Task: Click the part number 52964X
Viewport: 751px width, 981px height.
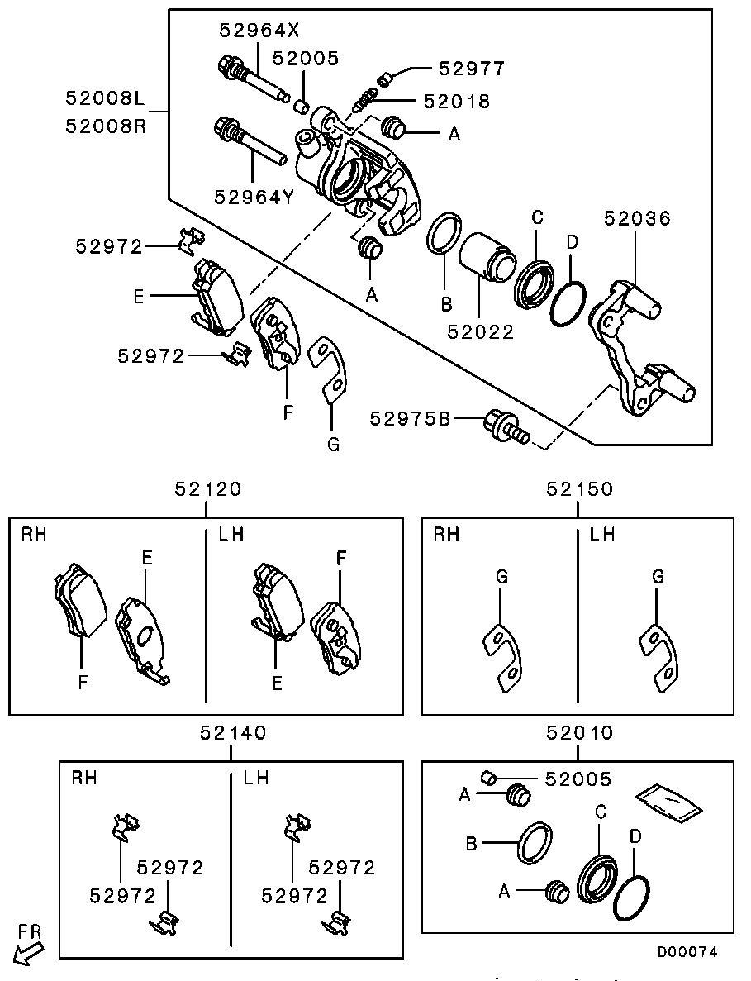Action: pyautogui.click(x=259, y=31)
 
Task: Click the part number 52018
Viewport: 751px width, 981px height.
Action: pyautogui.click(x=456, y=102)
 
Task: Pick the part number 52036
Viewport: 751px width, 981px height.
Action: pyautogui.click(x=637, y=218)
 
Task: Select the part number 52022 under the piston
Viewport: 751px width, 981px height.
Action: pyautogui.click(x=481, y=332)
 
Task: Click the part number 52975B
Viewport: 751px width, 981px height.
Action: pyautogui.click(x=411, y=419)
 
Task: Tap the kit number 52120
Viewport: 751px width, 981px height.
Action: pyautogui.click(x=208, y=488)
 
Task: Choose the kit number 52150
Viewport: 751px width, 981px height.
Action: pyautogui.click(x=579, y=488)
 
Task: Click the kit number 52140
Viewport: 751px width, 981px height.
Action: pyautogui.click(x=233, y=732)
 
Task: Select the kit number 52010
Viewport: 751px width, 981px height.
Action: pyautogui.click(x=579, y=732)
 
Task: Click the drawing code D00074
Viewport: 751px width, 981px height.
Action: pyautogui.click(x=687, y=952)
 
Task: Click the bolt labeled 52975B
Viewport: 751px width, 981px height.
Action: pyautogui.click(x=505, y=425)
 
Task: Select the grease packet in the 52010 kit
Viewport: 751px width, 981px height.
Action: pyautogui.click(x=668, y=799)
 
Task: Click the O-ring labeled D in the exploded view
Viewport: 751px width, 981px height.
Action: pyautogui.click(x=568, y=304)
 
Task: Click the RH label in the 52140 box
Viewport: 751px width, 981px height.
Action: pyautogui.click(x=84, y=778)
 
